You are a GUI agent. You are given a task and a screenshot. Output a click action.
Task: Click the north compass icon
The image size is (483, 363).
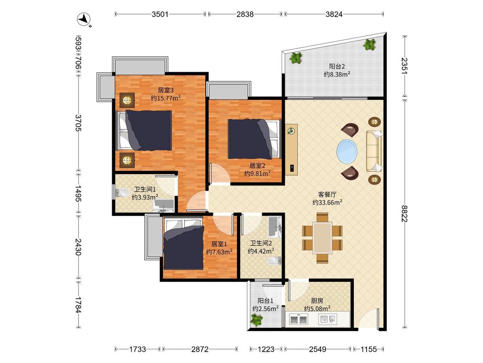pyautogui.click(x=83, y=19)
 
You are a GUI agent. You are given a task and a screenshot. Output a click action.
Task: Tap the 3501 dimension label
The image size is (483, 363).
pyautogui.click(x=160, y=14)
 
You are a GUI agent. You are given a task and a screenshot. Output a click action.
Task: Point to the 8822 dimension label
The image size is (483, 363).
pyautogui.click(x=405, y=213)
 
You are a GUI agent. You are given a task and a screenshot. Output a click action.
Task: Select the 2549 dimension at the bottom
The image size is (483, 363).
pyautogui.click(x=317, y=349)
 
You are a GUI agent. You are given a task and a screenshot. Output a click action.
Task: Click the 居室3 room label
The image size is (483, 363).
pyautogui.click(x=166, y=90)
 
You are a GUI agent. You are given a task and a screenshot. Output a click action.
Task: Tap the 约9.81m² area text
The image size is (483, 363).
pyautogui.click(x=258, y=173)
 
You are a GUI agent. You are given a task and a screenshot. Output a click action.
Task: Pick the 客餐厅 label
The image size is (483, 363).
pyautogui.click(x=327, y=194)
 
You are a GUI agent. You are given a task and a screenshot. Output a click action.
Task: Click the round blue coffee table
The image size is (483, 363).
pyautogui.click(x=347, y=151)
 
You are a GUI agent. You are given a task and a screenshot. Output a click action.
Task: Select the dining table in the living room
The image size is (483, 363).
pyautogui.click(x=322, y=238)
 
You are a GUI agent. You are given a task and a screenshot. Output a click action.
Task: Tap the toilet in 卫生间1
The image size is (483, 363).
pyautogui.click(x=122, y=193)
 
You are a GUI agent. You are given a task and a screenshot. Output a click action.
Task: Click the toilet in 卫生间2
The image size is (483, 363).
pyautogui.click(x=274, y=261)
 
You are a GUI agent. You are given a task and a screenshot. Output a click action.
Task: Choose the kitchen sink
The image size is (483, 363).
pyautogui.click(x=327, y=319)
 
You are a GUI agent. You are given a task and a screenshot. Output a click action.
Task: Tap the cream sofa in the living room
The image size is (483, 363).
pyautogui.click(x=374, y=151)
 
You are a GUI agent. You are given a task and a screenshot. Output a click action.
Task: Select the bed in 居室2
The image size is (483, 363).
pyautogui.click(x=255, y=139)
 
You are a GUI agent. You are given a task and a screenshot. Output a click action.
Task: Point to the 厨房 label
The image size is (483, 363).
pyautogui.click(x=317, y=301)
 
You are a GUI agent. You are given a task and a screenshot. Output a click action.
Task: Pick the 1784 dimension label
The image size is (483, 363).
pyautogui.click(x=78, y=305)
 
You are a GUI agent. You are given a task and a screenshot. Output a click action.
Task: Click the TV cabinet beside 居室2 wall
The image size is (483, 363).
pyautogui.click(x=291, y=149)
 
